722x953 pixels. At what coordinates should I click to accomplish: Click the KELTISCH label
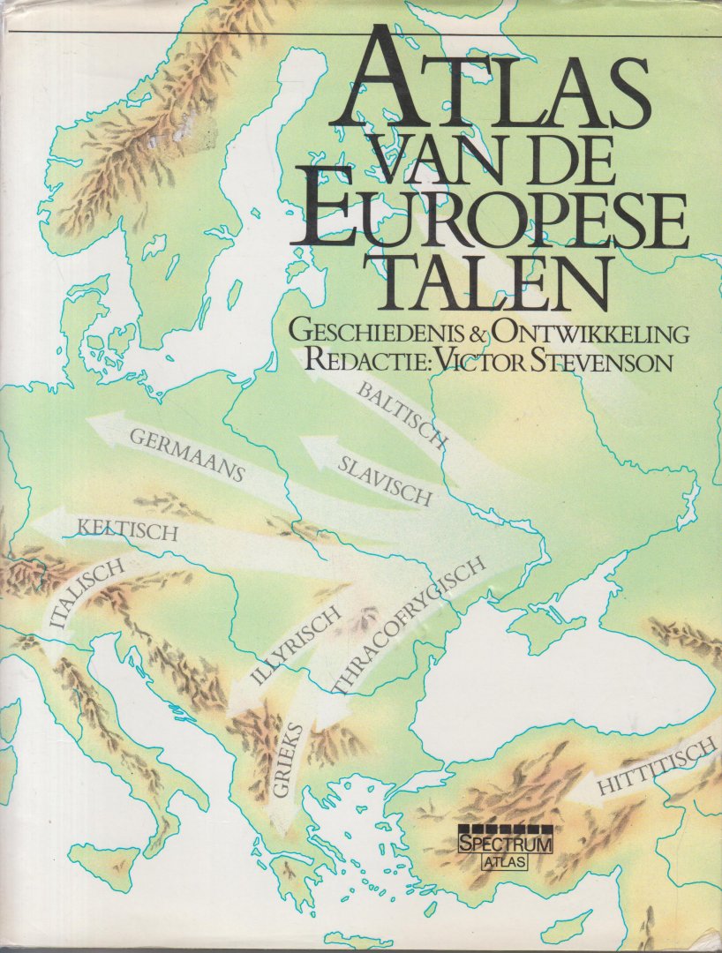[129, 531]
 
